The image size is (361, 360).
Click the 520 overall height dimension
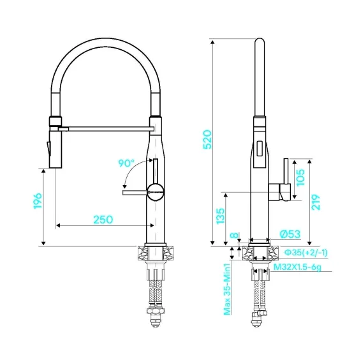click(x=207, y=140)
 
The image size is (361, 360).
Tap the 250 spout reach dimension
click(x=103, y=220)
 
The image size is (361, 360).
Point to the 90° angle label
click(x=126, y=163)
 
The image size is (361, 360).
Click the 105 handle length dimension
click(x=300, y=177)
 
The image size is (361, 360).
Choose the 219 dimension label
click(x=316, y=202)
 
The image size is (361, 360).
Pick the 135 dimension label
click(x=220, y=216)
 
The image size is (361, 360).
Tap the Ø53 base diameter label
click(x=290, y=234)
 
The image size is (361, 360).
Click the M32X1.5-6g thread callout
click(x=297, y=267)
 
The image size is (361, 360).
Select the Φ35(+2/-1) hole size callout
click(x=306, y=253)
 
